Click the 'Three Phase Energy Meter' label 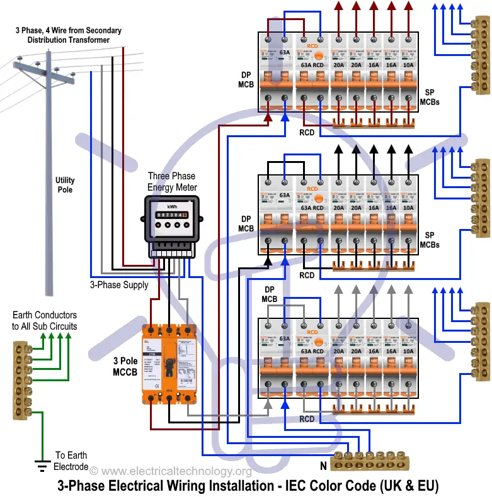point(172,182)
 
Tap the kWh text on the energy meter point(172,206)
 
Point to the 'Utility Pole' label point(65,185)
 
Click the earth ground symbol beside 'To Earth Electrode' point(42,466)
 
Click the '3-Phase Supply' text point(119,285)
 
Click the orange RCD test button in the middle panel point(312,189)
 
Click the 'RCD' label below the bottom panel point(307,419)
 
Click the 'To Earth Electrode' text point(71,461)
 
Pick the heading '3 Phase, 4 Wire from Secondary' point(69,30)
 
